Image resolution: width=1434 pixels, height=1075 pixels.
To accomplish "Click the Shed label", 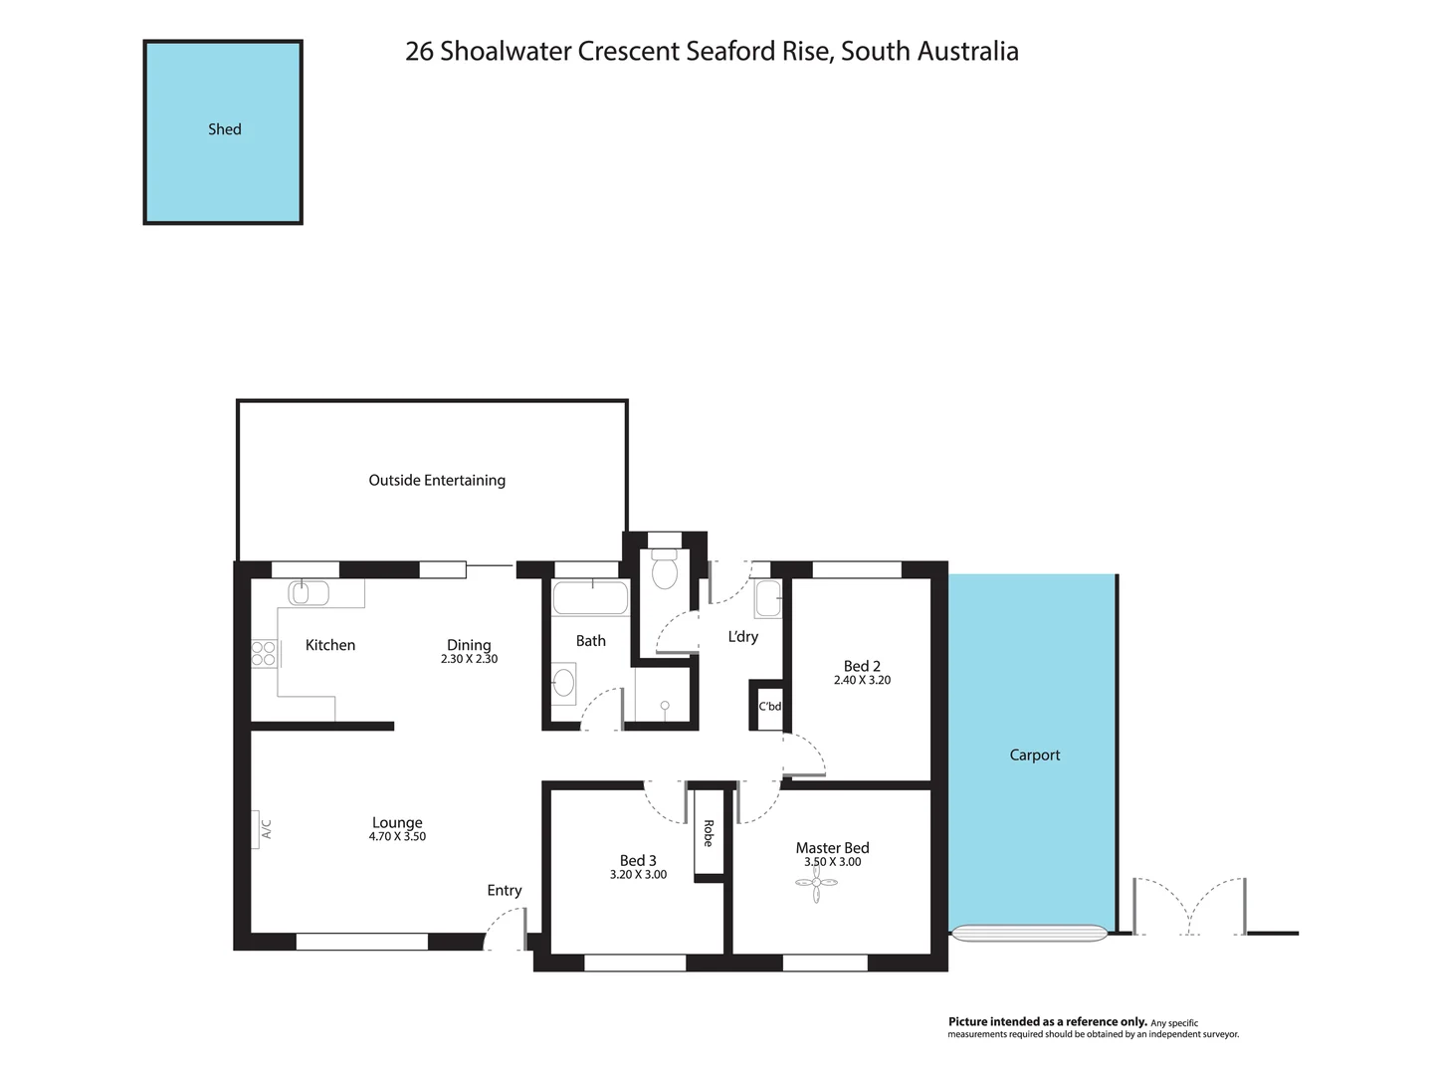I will click(x=225, y=129).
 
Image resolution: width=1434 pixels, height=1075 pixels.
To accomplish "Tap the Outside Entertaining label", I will click(x=437, y=480).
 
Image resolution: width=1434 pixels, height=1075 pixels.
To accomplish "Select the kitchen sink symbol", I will click(x=308, y=593).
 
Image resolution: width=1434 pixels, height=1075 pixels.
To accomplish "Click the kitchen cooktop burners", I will click(x=264, y=653).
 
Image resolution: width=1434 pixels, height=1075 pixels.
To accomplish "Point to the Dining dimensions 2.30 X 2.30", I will click(x=469, y=659).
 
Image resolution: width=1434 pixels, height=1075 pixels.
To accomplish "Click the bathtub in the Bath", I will click(x=590, y=599).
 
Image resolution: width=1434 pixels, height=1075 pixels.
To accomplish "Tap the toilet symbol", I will click(x=665, y=571).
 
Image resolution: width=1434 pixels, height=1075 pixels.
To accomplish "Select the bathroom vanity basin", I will click(x=563, y=683).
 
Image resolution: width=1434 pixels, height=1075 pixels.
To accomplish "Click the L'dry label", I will click(x=742, y=636).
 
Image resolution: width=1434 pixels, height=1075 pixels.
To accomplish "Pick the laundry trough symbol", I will click(x=767, y=599).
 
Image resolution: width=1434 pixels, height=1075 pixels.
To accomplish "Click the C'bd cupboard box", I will click(x=769, y=707).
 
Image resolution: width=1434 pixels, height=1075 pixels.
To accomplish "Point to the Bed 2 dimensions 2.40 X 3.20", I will click(x=862, y=681).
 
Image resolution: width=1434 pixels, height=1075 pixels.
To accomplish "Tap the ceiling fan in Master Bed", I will click(x=817, y=883).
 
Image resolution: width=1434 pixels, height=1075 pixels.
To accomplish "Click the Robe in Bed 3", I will click(x=709, y=833).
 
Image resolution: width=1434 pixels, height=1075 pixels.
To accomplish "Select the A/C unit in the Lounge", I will click(x=263, y=827).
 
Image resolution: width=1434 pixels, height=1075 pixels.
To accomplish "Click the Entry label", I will click(x=505, y=891).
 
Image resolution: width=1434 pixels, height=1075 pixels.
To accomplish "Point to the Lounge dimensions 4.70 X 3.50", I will click(x=397, y=837).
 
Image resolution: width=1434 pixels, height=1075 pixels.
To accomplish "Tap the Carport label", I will click(x=1035, y=754).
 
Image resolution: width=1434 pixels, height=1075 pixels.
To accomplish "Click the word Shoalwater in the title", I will click(x=507, y=52).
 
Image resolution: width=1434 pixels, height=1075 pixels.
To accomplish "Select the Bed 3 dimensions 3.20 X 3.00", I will click(x=638, y=875).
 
